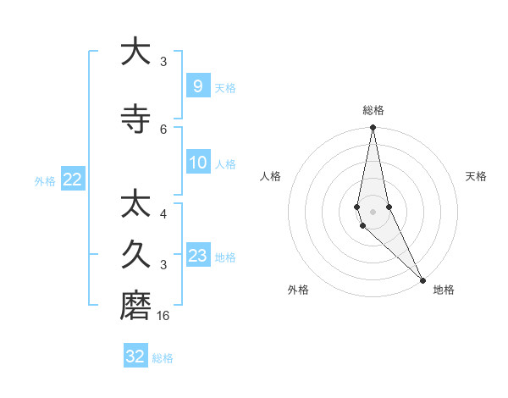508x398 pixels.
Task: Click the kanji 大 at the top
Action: (135, 52)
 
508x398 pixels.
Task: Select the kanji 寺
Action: (135, 119)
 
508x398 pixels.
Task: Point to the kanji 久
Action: (135, 254)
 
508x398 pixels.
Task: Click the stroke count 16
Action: (164, 316)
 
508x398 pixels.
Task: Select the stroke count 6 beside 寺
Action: (163, 130)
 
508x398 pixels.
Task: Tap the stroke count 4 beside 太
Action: (163, 214)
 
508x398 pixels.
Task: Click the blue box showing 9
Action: (197, 86)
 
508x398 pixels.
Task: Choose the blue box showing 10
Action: (197, 163)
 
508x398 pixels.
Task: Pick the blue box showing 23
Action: (197, 256)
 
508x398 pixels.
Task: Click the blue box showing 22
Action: (72, 180)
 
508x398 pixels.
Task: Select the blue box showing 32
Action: (135, 357)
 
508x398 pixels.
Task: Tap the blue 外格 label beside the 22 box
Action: (45, 180)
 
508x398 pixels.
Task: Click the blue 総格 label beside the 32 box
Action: (163, 358)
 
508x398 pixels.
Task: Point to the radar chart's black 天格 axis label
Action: (476, 176)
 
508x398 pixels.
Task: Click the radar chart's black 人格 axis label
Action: (270, 176)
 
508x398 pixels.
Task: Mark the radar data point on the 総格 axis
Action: (373, 128)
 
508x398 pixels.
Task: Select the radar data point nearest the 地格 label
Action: (422, 279)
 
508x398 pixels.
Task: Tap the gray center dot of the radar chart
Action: (373, 211)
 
